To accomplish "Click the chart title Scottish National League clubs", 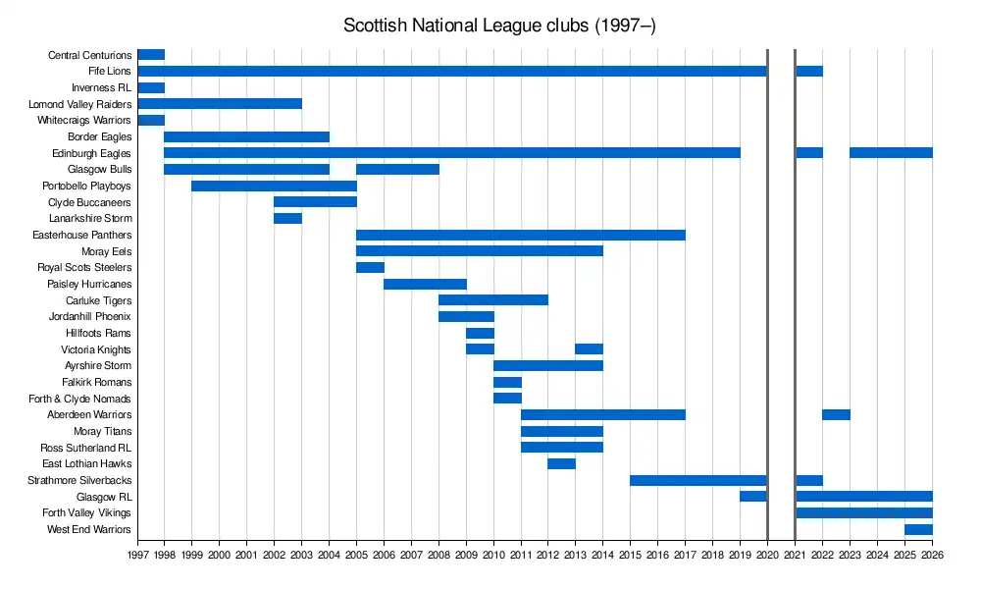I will [x=499, y=26].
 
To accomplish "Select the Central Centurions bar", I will [x=151, y=55].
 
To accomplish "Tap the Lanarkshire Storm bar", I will [x=287, y=218].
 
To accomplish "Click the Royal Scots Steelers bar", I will [x=370, y=267].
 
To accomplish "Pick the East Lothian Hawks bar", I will [x=561, y=463].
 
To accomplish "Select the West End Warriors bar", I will [x=918, y=529].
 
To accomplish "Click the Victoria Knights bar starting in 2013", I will [x=589, y=349].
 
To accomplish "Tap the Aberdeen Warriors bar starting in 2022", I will [x=836, y=414].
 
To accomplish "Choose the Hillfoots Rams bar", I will [x=480, y=333].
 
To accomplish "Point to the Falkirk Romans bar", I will [x=507, y=382].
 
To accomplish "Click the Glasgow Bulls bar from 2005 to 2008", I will [x=397, y=169].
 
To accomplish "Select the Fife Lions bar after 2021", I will [x=809, y=71].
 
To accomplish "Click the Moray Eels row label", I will [x=108, y=251].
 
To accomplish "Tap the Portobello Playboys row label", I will [x=87, y=186].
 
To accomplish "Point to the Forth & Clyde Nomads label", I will [x=80, y=399].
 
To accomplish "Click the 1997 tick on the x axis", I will [x=137, y=554].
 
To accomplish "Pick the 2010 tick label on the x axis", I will [x=493, y=554].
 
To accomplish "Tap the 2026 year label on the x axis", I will [x=932, y=554].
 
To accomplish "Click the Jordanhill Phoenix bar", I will [x=466, y=316].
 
